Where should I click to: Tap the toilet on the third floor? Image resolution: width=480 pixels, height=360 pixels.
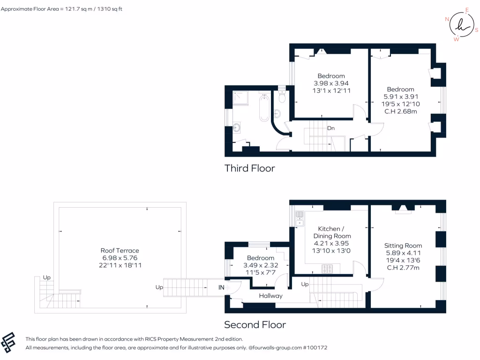(x=282, y=97)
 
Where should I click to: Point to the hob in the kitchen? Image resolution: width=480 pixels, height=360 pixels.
(x=327, y=269)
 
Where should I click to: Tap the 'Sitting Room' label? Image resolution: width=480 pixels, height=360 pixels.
(x=403, y=245)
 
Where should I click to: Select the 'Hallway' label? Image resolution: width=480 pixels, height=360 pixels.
(x=271, y=296)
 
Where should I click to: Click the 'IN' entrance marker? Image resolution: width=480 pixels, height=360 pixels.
(x=221, y=287)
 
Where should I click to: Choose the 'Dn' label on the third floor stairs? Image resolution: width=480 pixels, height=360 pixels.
(x=331, y=128)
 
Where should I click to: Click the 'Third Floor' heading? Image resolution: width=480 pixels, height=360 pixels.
(x=249, y=168)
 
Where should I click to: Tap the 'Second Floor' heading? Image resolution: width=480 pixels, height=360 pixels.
(x=255, y=324)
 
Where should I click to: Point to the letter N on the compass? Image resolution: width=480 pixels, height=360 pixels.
(x=447, y=19)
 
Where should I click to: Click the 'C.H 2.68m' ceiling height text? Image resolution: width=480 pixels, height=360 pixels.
(x=400, y=111)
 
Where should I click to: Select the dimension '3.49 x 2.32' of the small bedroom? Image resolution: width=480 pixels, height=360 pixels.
(x=261, y=265)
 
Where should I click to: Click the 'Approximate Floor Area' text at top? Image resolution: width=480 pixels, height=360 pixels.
(x=61, y=9)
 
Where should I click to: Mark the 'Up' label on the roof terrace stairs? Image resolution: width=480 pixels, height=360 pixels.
(x=46, y=277)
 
